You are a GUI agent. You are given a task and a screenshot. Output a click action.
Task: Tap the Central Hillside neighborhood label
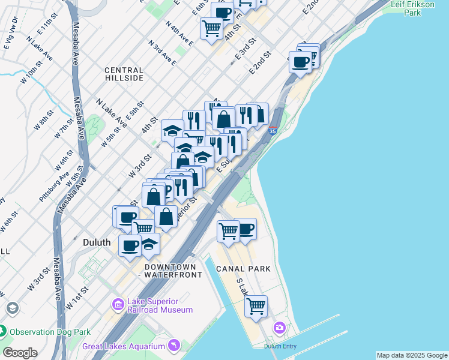point(124,74)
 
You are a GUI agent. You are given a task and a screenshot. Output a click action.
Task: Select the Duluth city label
point(96,242)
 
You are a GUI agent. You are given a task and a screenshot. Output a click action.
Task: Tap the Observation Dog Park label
point(50,331)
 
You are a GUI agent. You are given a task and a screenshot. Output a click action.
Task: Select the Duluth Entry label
point(280,346)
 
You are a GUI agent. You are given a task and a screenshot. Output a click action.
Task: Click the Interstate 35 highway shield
point(273,131)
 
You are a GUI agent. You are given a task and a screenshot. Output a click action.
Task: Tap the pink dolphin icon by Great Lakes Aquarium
point(174,345)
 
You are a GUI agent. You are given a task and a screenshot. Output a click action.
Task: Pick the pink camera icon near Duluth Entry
point(279,328)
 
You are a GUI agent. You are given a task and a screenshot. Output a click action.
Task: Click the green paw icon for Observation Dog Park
point(2,331)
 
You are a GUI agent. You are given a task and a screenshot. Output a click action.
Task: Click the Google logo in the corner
point(20,353)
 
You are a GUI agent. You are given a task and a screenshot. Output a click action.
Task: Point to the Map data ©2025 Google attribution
point(412,355)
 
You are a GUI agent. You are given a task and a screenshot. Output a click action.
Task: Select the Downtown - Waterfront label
point(170,271)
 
